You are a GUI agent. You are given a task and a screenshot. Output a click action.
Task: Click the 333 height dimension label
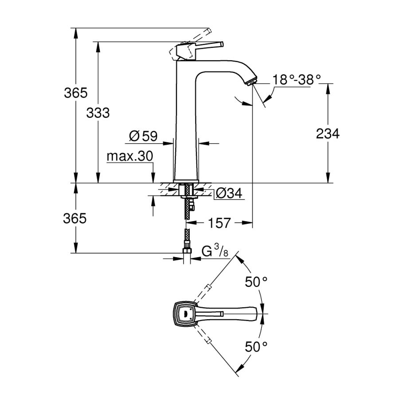(98, 113)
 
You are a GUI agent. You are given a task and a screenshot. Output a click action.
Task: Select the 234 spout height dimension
(328, 133)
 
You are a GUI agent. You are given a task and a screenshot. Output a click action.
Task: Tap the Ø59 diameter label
(143, 136)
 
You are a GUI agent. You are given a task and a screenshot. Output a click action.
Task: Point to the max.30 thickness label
(129, 156)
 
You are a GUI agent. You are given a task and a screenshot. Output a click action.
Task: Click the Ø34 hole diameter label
(229, 193)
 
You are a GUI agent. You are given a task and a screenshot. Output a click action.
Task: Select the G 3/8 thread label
(215, 251)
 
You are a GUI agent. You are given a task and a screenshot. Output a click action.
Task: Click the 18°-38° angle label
(297, 80)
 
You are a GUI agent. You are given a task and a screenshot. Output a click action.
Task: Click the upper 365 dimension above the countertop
(75, 93)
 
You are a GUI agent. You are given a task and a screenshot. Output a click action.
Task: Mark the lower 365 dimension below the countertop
(75, 218)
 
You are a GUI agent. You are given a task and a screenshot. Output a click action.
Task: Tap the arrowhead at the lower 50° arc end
(239, 368)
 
